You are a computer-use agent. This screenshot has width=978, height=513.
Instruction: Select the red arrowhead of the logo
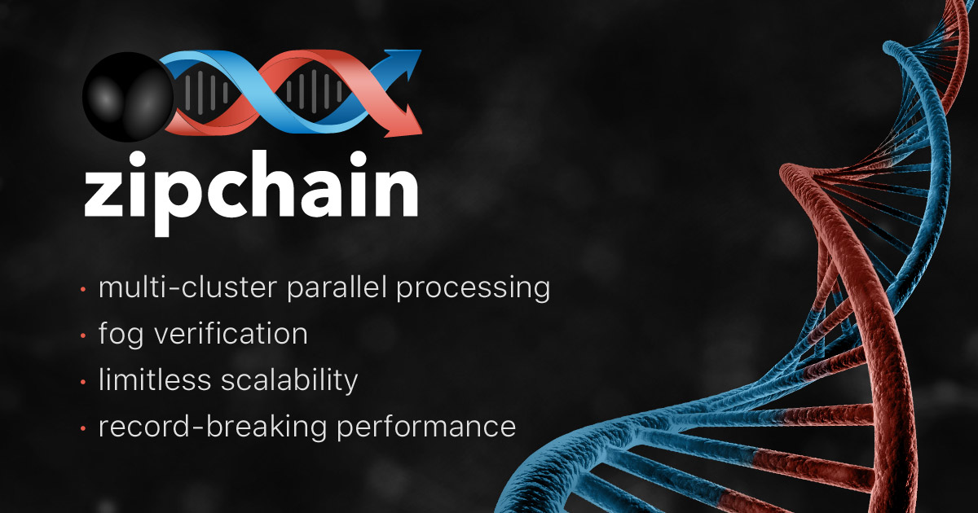click(x=407, y=122)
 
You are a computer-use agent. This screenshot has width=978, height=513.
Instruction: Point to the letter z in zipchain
click(x=106, y=196)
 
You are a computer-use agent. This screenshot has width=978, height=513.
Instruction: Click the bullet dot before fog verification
click(x=84, y=335)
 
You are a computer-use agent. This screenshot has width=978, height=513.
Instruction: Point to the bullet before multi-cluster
click(x=84, y=289)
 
